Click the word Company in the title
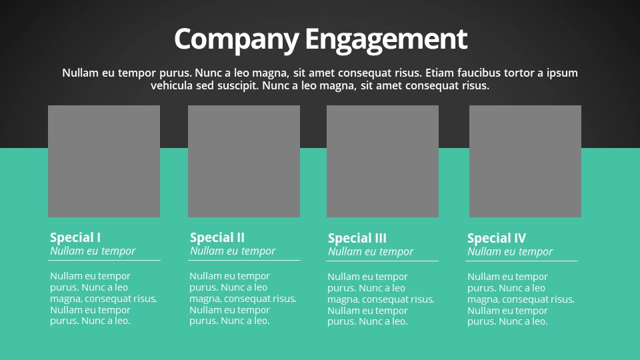237,40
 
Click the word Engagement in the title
386,40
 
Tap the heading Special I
75,237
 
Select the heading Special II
217,237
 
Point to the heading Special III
357,239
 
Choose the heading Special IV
497,239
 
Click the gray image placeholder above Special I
104,161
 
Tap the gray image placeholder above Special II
244,161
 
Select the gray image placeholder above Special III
383,161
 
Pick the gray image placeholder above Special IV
525,161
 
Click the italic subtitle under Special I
93,251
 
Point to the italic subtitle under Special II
233,251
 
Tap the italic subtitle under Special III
371,252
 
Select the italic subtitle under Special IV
510,252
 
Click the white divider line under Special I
104,260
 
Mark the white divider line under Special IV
521,261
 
